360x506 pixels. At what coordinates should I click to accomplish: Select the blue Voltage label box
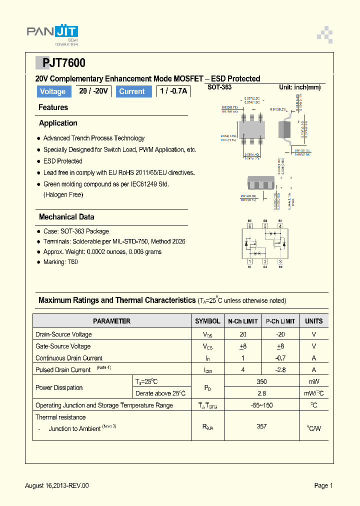click(x=52, y=91)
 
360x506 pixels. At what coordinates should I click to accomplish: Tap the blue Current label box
click(x=132, y=91)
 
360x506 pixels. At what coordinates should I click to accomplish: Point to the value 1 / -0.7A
click(x=172, y=91)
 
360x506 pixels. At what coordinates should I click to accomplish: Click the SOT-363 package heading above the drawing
click(x=219, y=87)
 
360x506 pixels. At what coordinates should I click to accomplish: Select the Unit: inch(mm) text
click(x=299, y=87)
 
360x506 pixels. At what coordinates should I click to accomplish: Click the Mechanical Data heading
click(x=66, y=217)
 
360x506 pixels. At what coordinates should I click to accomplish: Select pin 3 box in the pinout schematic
click(x=280, y=261)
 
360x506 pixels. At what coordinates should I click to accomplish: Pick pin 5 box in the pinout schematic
click(x=265, y=226)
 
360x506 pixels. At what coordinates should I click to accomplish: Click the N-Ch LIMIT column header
click(x=243, y=321)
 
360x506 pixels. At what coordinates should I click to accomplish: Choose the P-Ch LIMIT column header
click(x=280, y=321)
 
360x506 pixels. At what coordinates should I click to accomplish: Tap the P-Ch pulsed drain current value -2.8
click(x=280, y=370)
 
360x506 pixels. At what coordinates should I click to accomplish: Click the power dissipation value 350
click(x=261, y=381)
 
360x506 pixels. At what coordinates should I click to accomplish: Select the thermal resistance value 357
click(x=261, y=426)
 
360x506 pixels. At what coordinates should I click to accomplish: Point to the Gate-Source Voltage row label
click(x=63, y=346)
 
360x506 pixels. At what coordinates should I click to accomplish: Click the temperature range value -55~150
click(x=261, y=405)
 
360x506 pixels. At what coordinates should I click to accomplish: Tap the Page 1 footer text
click(x=323, y=485)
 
